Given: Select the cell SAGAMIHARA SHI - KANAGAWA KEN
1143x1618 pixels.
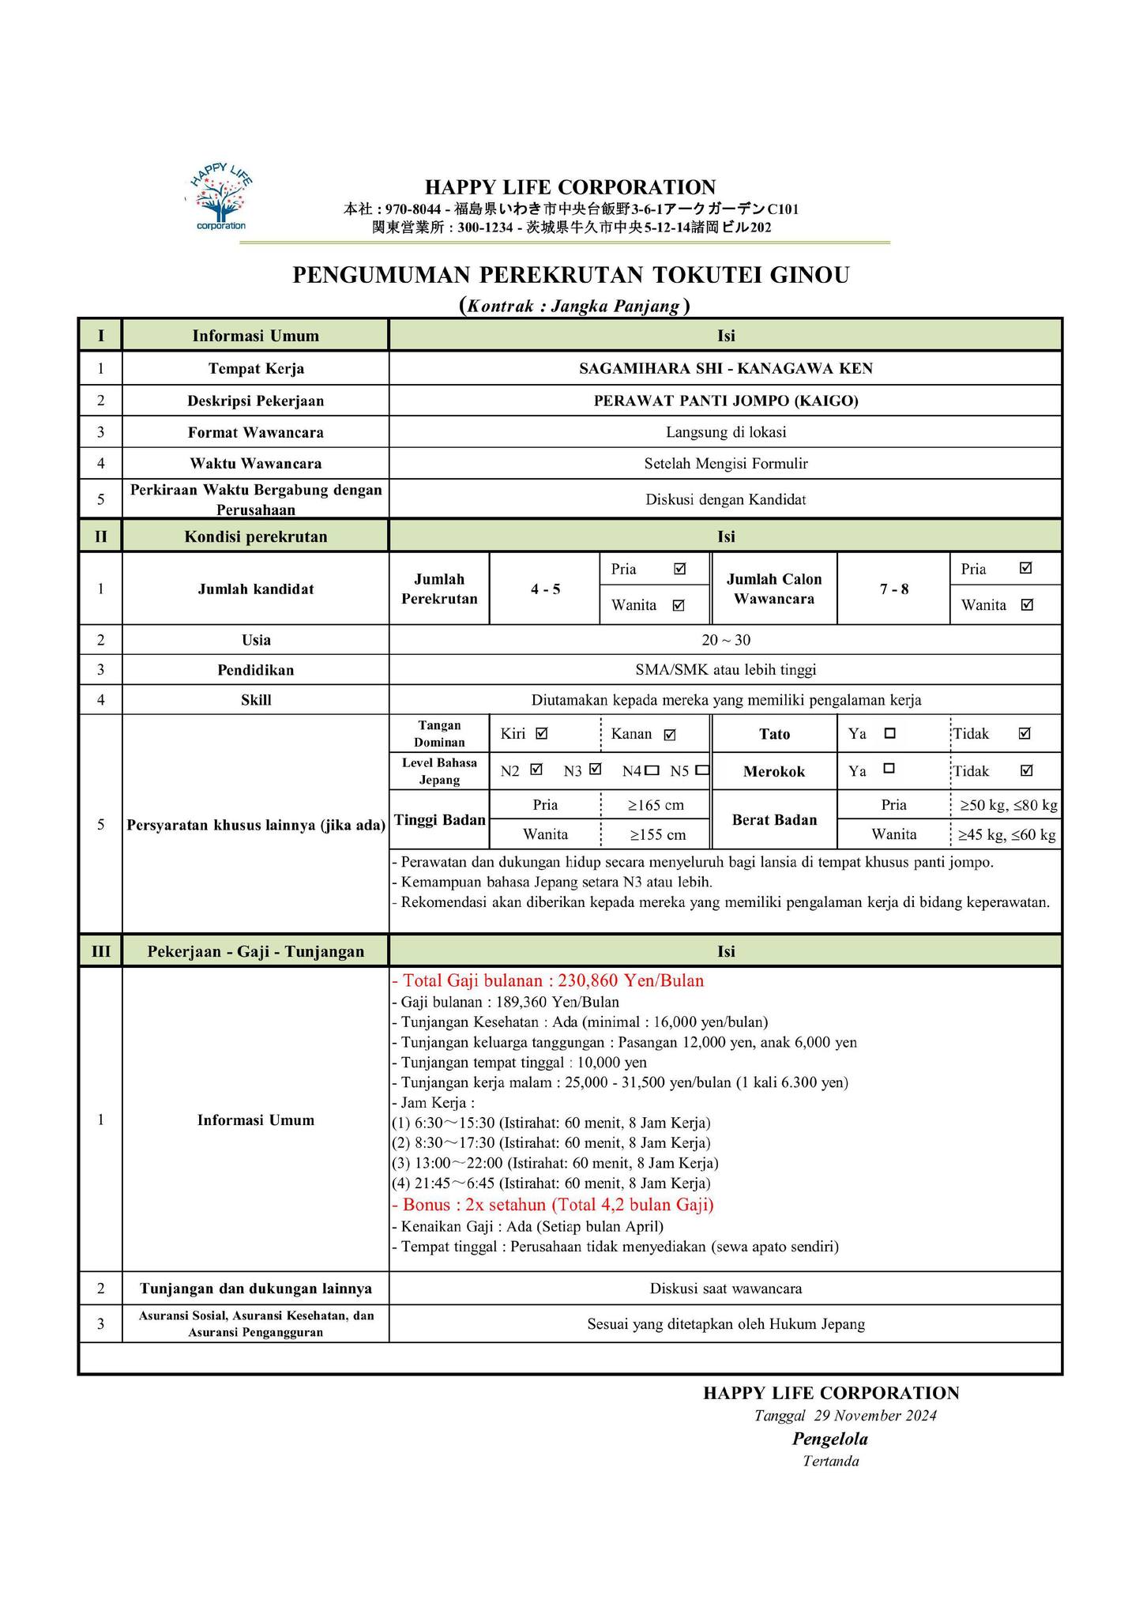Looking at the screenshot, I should (725, 368).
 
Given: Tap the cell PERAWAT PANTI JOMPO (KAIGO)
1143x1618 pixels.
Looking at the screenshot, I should (725, 401).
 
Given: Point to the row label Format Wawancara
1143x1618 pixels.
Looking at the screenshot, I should (255, 432).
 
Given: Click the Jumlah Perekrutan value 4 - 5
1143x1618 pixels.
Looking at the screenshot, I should (545, 589).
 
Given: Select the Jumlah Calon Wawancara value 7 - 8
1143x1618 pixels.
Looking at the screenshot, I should (893, 589).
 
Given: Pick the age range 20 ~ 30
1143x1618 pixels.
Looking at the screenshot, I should (725, 640).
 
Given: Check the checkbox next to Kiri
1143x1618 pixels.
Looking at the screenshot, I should (541, 733).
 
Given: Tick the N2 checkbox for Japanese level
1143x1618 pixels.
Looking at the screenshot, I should (536, 769).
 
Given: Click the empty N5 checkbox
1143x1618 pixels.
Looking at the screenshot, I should (703, 770).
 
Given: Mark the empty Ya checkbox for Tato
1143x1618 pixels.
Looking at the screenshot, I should (889, 733).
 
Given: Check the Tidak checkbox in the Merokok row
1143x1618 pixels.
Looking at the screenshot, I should (1025, 770).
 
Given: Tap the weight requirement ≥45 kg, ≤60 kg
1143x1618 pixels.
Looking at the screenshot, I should (1006, 834).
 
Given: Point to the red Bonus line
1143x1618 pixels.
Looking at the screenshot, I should (553, 1204).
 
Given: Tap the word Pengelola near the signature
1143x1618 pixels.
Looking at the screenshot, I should (829, 1439).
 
